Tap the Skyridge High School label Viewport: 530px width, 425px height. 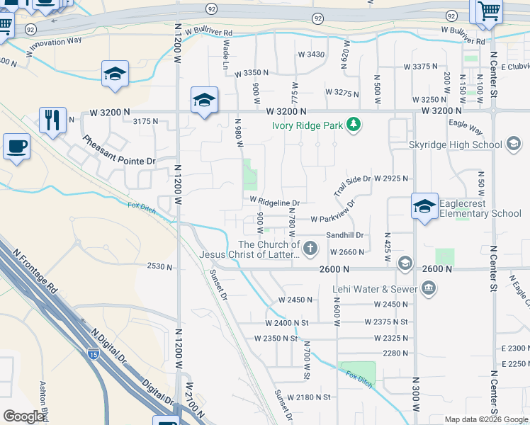(x=456, y=144)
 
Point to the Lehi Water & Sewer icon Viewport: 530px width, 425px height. (x=427, y=288)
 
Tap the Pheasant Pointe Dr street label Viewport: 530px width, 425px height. (x=118, y=150)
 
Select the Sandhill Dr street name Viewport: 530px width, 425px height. (x=344, y=235)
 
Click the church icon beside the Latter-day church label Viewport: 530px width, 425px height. (x=310, y=249)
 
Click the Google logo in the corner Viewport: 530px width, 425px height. (x=23, y=416)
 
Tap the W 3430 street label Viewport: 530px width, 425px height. (x=311, y=55)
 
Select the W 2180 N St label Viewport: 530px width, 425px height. (x=310, y=397)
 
